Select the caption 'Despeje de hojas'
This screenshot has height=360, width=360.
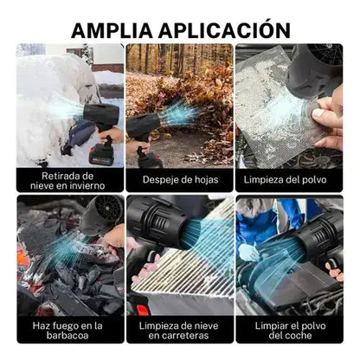click(x=179, y=179)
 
